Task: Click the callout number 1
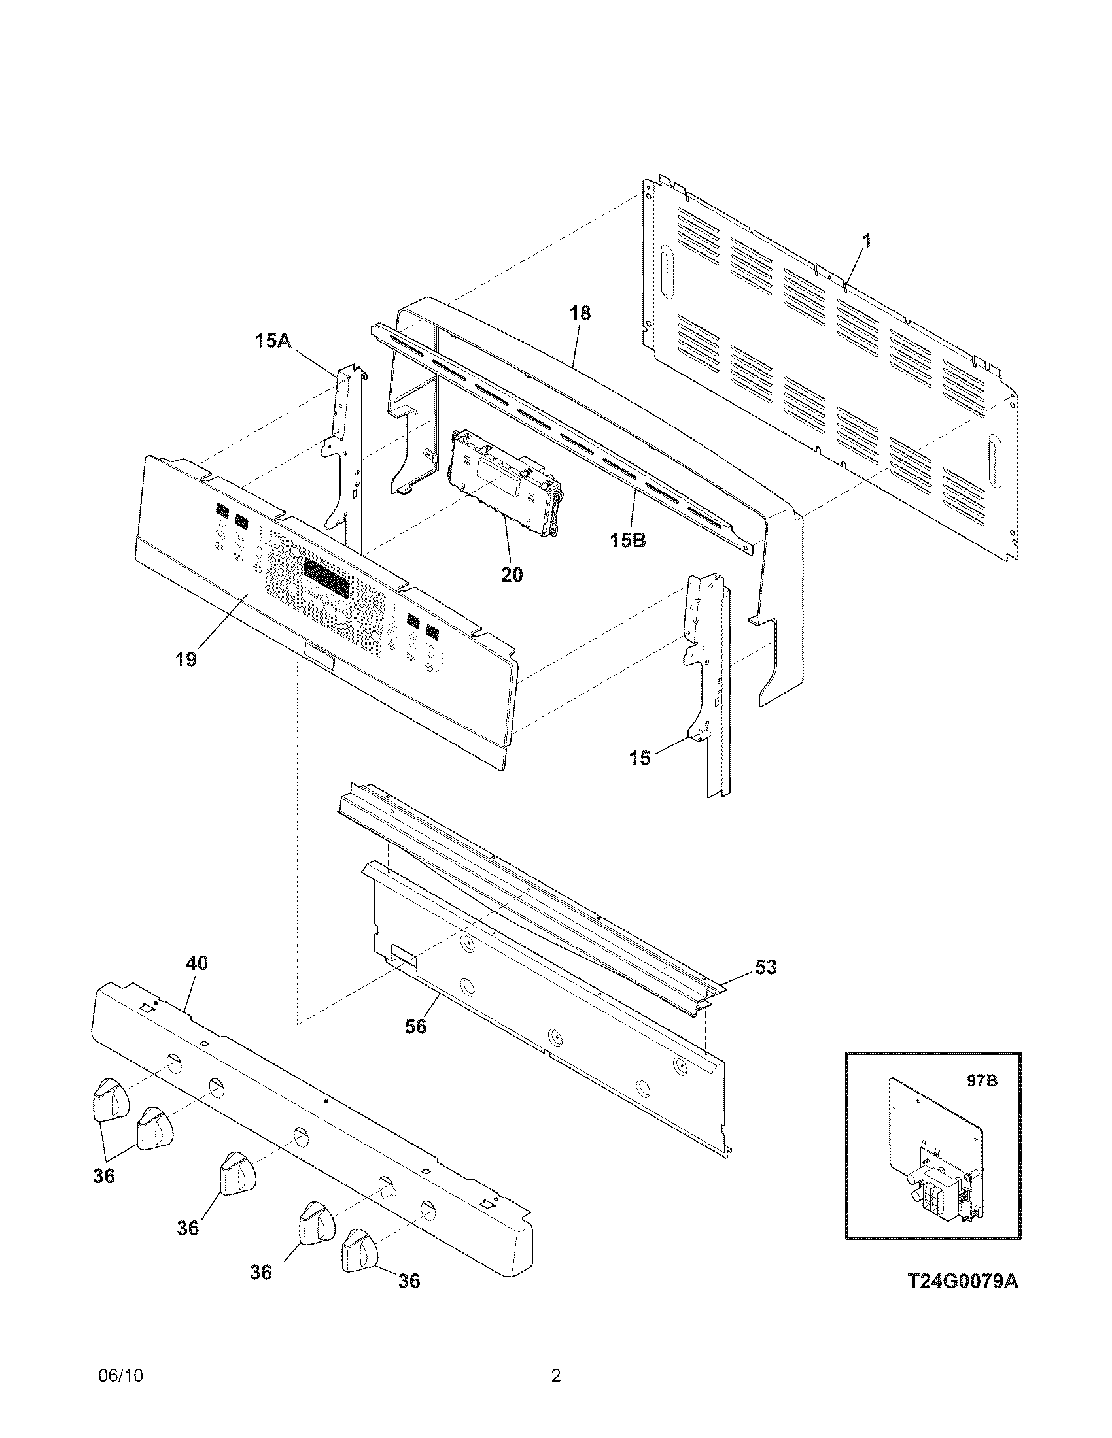[x=867, y=241]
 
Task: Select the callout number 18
[x=580, y=313]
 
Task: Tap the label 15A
[x=273, y=341]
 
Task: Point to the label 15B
[x=627, y=541]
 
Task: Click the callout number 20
[x=512, y=575]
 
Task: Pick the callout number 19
[x=186, y=659]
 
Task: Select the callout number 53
[x=765, y=967]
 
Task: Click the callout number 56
[x=415, y=1026]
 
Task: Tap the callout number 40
[x=196, y=963]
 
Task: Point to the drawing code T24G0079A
[x=962, y=1300]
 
